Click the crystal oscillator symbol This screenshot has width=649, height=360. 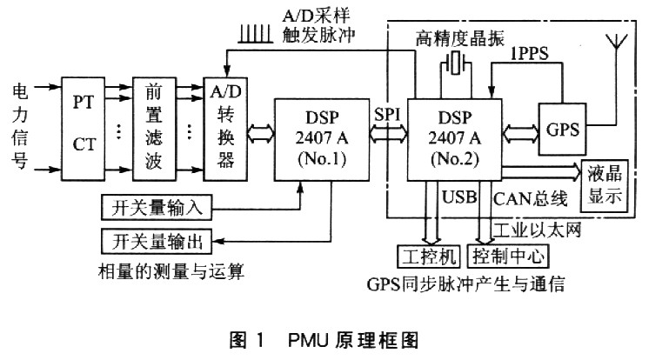[x=453, y=63]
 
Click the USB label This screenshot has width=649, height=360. [x=458, y=198]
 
